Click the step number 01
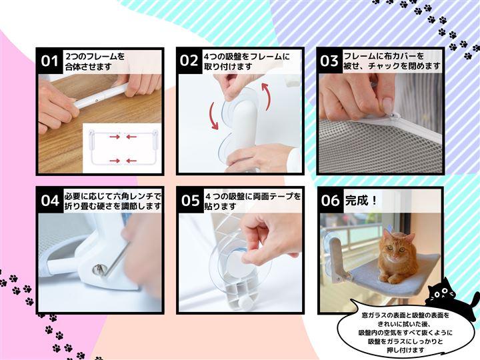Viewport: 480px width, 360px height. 49,61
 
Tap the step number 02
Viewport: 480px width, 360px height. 189,61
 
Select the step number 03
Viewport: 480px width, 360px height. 329,61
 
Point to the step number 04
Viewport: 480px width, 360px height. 50,201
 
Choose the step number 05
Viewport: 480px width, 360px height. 191,201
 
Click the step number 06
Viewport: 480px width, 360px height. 330,201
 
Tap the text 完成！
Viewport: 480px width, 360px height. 361,201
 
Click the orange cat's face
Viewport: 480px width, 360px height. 395,249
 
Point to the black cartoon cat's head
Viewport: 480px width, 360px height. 441,291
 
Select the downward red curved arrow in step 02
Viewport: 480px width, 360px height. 214,116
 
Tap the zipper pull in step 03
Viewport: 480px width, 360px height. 395,116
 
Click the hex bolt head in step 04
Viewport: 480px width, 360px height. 98,269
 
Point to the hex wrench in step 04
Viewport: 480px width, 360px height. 117,258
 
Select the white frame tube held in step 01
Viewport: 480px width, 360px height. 101,96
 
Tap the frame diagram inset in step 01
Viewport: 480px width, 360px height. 122,148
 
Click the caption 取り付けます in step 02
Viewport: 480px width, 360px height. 229,67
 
